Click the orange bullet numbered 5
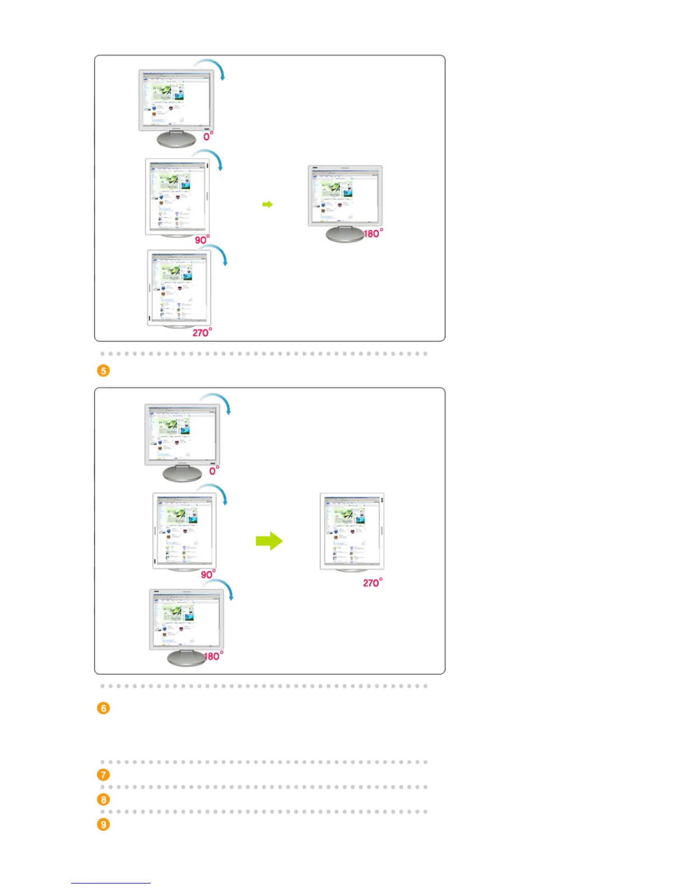tap(103, 371)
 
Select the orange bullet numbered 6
tap(103, 708)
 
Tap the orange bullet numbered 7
tap(103, 775)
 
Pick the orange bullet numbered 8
tap(103, 799)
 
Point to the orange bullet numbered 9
tap(103, 825)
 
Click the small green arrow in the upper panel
tap(268, 205)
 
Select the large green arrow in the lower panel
tap(269, 541)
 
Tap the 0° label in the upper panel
tap(208, 136)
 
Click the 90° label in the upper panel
tap(202, 239)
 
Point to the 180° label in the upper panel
tap(373, 233)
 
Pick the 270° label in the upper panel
tap(202, 332)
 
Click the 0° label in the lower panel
tap(214, 471)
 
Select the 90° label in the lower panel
tap(208, 575)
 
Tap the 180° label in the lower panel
tap(214, 656)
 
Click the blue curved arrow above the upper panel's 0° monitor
tap(212, 66)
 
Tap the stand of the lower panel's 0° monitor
tap(182, 474)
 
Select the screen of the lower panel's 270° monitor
tap(351, 530)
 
